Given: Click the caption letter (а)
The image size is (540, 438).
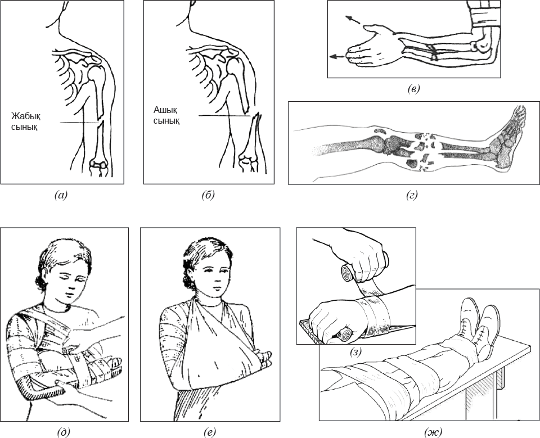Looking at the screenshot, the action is (x=61, y=195).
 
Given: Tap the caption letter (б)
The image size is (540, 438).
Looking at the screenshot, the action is (x=208, y=195).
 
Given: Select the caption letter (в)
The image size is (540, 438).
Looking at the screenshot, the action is (x=413, y=89).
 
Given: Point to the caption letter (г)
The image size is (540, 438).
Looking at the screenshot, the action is (x=412, y=196).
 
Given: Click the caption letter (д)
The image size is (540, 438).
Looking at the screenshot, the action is (x=64, y=431).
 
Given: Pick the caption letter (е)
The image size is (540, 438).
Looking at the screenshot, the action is (x=209, y=431).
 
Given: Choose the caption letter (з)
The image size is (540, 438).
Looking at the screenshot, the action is (x=355, y=353).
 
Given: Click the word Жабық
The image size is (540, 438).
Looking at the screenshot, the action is (x=26, y=116).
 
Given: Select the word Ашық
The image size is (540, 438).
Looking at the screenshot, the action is (x=165, y=110).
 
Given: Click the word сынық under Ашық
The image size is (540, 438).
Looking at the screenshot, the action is (x=166, y=121).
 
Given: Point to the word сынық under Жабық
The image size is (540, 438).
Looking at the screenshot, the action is (x=24, y=127).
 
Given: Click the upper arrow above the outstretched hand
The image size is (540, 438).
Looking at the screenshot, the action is (x=353, y=20).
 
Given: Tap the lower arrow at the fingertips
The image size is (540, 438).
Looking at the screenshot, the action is (x=337, y=56).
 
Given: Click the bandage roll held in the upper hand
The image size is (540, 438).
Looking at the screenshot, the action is (x=349, y=272).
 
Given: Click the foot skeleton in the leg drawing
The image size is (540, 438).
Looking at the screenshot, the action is (x=507, y=138).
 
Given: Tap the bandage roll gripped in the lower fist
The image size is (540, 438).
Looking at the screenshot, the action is (x=343, y=335).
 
